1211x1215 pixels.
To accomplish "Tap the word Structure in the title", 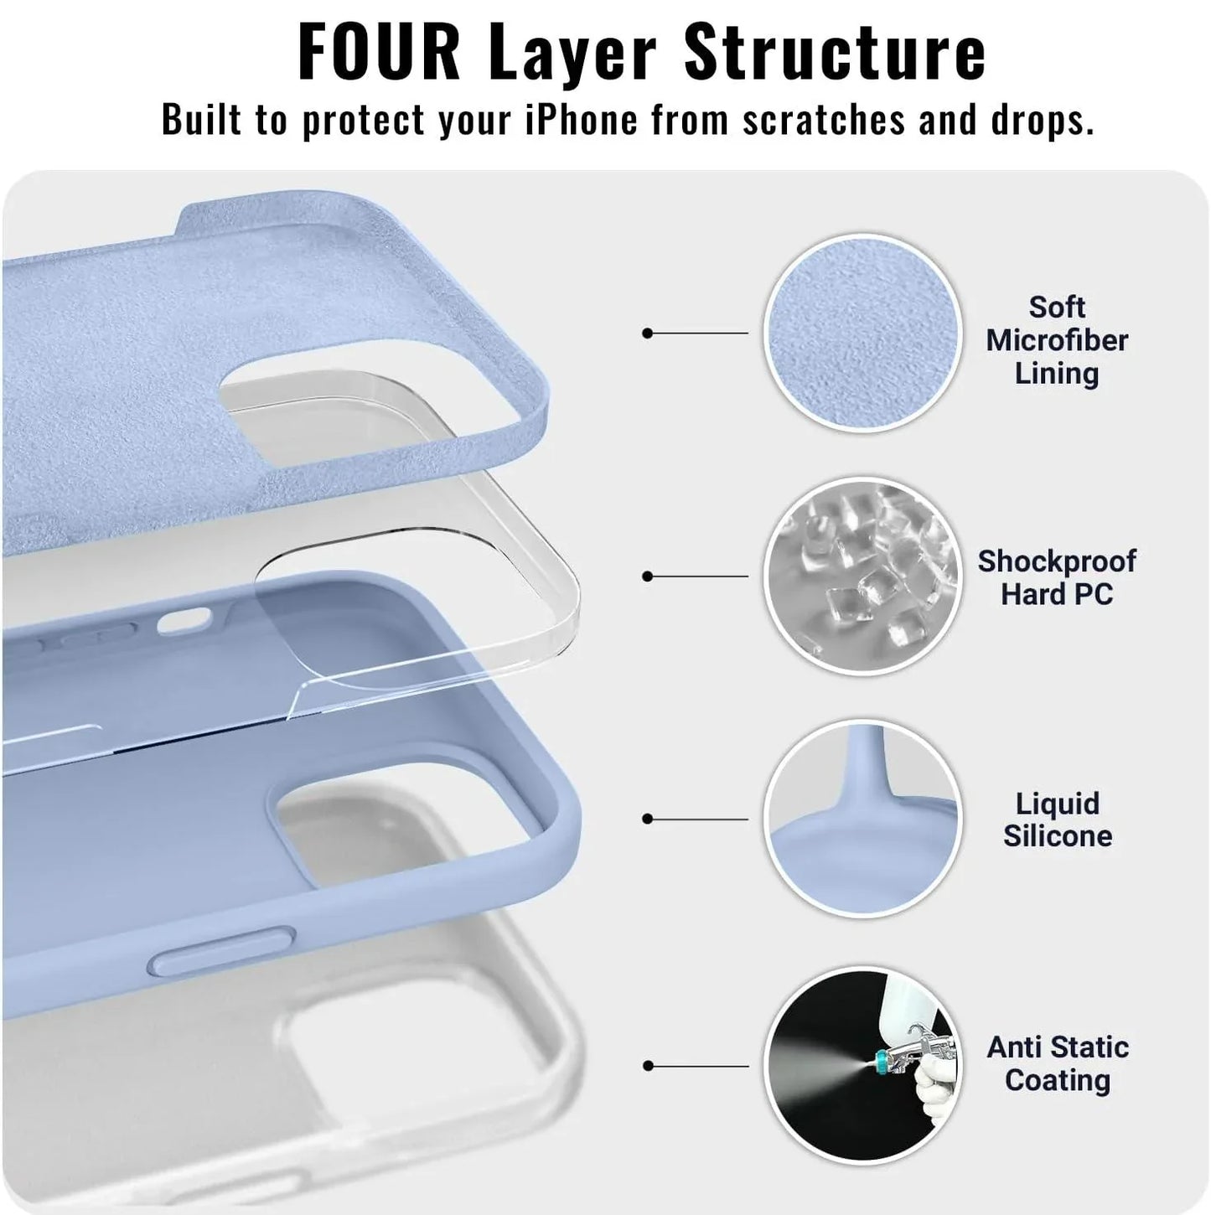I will pos(835,52).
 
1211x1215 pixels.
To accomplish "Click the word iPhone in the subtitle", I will pos(581,120).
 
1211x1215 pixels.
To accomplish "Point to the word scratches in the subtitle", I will pos(824,120).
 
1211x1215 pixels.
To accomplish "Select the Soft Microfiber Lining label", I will pos(1057,340).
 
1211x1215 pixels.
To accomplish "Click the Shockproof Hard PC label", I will pos(1057,577).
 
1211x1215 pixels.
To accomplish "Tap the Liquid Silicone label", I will pos(1057,819).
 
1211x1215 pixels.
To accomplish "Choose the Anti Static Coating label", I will pos(1057,1063).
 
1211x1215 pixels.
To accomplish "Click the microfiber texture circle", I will pos(862,333).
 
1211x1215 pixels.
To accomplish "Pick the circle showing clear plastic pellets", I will pos(862,577).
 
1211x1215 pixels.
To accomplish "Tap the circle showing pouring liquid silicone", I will pos(862,819).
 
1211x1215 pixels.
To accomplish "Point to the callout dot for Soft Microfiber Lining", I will pos(647,333).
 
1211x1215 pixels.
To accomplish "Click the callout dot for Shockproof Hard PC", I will pos(647,576).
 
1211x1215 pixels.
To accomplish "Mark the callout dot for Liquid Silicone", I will pos(647,819).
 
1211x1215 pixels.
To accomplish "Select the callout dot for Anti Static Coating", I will pos(647,1066).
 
